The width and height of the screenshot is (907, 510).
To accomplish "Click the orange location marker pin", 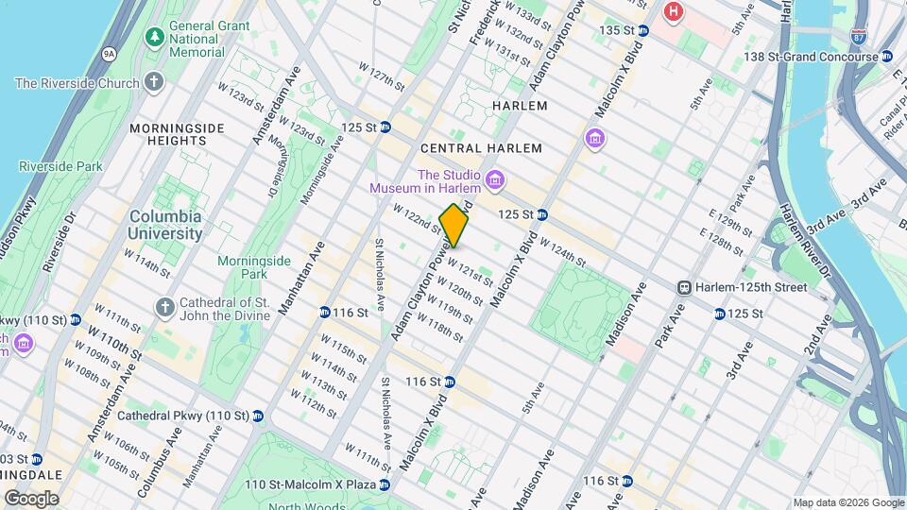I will coord(454,225).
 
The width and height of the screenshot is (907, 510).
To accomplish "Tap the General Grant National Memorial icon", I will coord(153,37).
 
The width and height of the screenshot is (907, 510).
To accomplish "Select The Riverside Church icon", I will coord(153,83).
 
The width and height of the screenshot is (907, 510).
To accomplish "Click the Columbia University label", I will coord(165,223).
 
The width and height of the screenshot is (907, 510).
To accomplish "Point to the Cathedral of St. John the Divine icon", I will coord(165,308).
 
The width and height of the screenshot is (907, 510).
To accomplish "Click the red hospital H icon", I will coord(673,11).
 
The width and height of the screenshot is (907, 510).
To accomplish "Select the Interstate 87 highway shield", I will coord(858,36).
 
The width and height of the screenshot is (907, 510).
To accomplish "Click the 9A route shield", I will coord(110,54).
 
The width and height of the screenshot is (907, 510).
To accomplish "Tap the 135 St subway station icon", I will coord(643,30).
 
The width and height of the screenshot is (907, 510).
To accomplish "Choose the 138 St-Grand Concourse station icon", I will coord(886,57).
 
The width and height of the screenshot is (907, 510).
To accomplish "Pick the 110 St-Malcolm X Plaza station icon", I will coord(384,484).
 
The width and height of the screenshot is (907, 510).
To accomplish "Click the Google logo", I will coord(31,498).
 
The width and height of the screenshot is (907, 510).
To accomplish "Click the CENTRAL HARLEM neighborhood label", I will coord(481,148).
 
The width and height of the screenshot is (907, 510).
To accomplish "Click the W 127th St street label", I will coord(381,76).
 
